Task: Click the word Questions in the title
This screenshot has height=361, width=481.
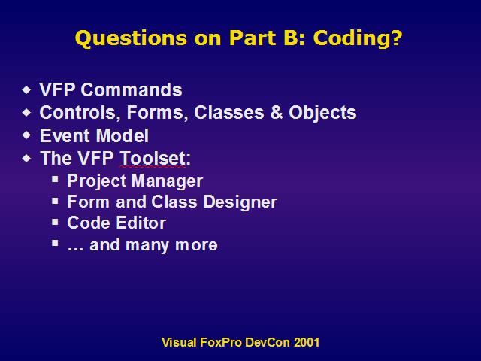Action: (131, 38)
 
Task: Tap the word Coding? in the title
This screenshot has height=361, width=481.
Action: (358, 38)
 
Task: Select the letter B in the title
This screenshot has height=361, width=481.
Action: (291, 38)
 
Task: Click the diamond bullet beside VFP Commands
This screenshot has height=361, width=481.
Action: (27, 90)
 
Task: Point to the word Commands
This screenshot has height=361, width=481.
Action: (132, 90)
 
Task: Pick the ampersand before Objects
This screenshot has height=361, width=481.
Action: (277, 112)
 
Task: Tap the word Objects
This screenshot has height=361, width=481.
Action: (322, 113)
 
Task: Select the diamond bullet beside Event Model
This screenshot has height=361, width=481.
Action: (27, 135)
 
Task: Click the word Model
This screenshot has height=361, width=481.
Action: (123, 135)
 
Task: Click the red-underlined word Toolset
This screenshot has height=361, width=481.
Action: (153, 159)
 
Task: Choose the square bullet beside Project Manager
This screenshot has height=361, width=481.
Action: (55, 179)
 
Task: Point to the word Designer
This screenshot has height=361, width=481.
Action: (240, 202)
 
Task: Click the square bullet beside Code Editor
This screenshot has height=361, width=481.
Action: (55, 222)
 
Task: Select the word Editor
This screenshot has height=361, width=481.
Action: (141, 223)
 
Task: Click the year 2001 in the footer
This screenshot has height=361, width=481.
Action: (307, 342)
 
